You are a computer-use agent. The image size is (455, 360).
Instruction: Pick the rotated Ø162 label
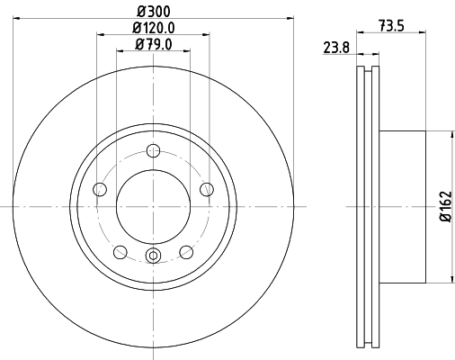tap(443, 207)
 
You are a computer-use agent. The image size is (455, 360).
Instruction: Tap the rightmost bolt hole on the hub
tap(207, 188)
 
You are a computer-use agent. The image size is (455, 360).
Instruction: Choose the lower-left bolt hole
tap(120, 251)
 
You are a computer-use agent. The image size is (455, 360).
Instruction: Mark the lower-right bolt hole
tap(186, 251)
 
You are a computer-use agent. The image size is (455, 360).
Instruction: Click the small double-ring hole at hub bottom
tap(153, 257)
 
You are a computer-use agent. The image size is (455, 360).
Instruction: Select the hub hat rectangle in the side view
tap(405, 206)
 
